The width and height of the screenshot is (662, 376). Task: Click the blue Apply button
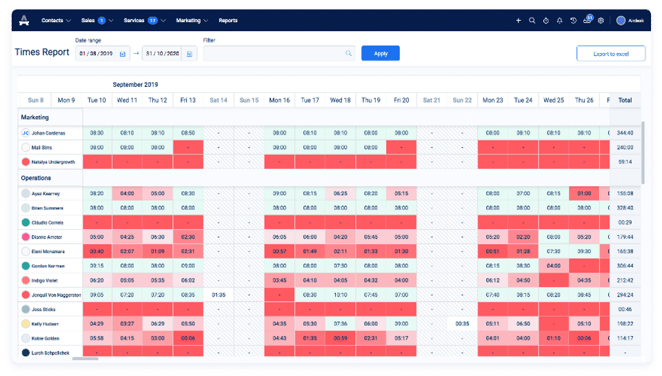pyautogui.click(x=381, y=53)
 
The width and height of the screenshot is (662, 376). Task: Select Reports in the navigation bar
pyautogui.click(x=228, y=21)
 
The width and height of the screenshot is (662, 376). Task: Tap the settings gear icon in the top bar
pyautogui.click(x=601, y=21)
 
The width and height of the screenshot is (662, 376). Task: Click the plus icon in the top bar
pyautogui.click(x=519, y=21)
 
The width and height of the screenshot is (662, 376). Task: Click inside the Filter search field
pyautogui.click(x=276, y=53)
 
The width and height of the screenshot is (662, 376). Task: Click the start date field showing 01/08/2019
pyautogui.click(x=97, y=53)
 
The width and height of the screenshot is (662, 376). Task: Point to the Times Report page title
pyautogui.click(x=42, y=52)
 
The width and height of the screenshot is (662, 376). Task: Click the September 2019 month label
pyautogui.click(x=135, y=85)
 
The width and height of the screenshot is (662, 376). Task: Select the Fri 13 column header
pyautogui.click(x=188, y=100)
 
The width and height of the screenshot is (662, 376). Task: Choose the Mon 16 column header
pyautogui.click(x=279, y=100)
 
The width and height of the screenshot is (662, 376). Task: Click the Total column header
pyautogui.click(x=625, y=100)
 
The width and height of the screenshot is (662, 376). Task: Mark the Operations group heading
pyautogui.click(x=36, y=178)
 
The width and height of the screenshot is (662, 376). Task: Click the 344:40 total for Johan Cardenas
pyautogui.click(x=625, y=132)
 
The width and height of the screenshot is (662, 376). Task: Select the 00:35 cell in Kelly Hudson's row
pyautogui.click(x=462, y=324)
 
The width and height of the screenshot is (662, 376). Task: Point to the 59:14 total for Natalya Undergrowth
pyautogui.click(x=625, y=161)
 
